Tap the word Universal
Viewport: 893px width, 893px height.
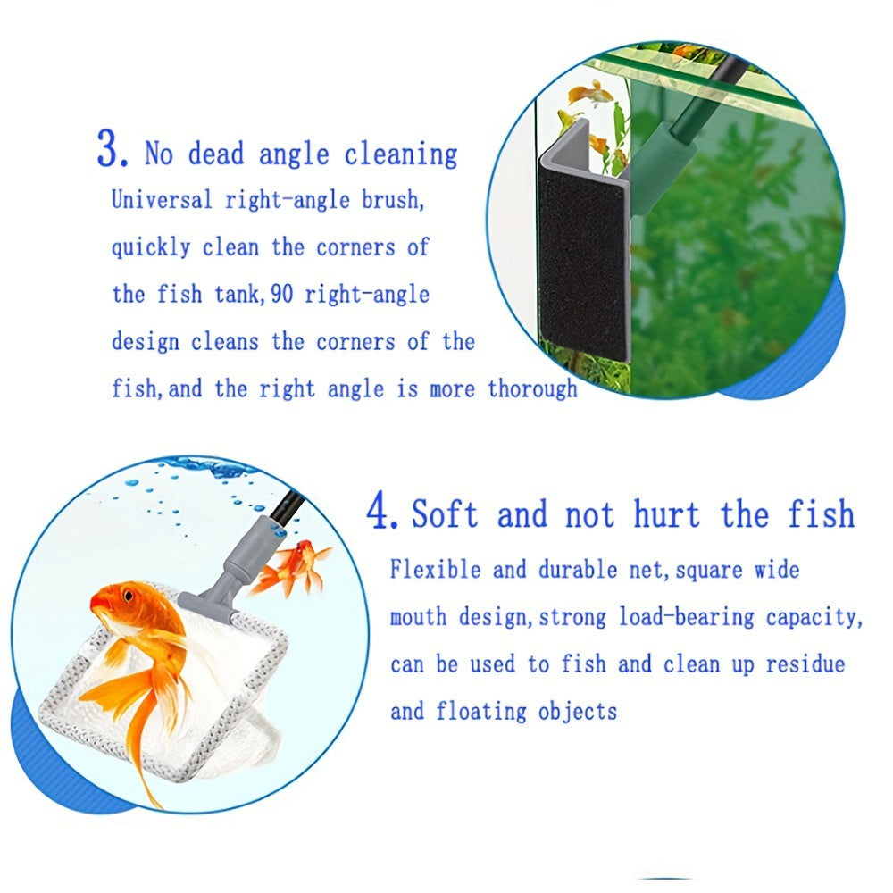[x=162, y=200]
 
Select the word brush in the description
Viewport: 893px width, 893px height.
[x=392, y=200]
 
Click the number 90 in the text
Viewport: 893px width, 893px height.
[x=281, y=295]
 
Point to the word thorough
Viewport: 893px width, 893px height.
[x=532, y=389]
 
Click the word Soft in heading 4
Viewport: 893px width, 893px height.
[x=444, y=513]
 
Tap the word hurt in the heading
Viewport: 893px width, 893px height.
[x=667, y=513]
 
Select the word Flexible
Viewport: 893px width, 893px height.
[x=435, y=570]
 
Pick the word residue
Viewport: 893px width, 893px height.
[x=805, y=664]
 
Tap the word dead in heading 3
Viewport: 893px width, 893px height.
[x=216, y=154]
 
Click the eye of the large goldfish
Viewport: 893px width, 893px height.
[x=129, y=597]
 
